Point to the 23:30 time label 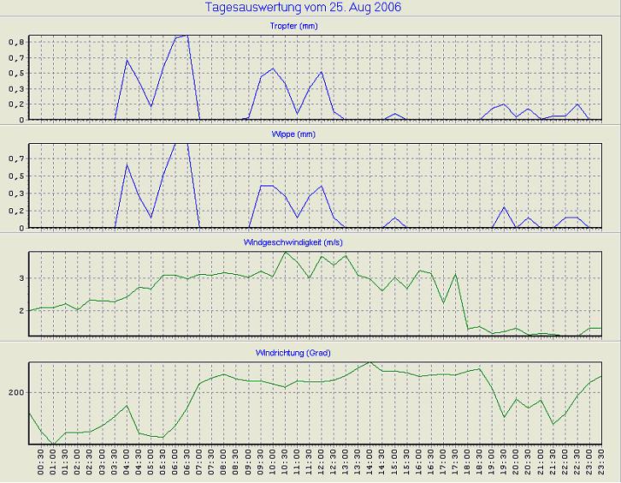point(602,463)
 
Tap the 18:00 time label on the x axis point(468,463)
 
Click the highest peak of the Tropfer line point(187,35)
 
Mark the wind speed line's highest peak point(285,252)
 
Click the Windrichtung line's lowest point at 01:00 point(53,444)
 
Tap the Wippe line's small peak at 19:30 point(504,207)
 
